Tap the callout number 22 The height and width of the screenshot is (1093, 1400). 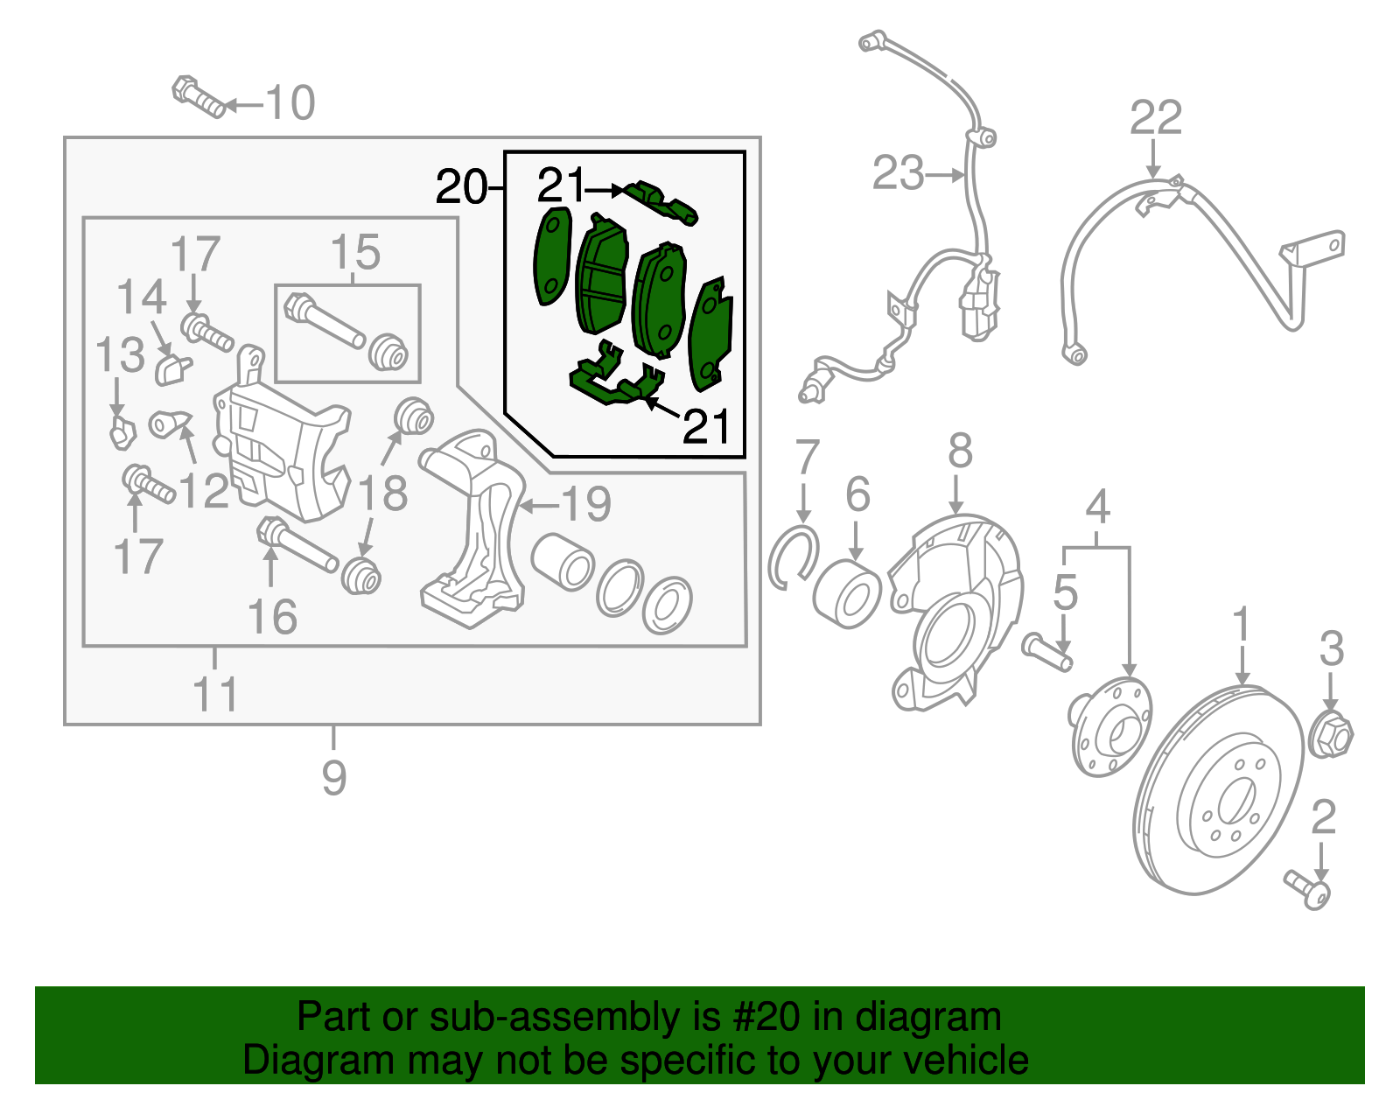coord(1155,118)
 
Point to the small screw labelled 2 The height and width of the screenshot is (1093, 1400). coord(1308,888)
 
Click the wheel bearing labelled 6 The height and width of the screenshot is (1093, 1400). coord(846,594)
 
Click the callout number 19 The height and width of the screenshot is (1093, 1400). coord(585,504)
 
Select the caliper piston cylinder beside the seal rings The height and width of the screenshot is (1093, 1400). coord(563,562)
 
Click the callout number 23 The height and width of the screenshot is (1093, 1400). coord(898,173)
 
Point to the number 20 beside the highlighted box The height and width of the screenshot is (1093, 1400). coord(461,187)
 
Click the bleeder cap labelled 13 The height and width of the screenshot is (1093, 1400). coord(122,431)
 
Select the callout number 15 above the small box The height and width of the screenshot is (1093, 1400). coord(355,253)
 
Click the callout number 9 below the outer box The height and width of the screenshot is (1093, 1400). coord(333,777)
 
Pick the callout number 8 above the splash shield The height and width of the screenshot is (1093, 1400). coord(960,452)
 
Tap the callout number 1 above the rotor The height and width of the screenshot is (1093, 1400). coord(1241,626)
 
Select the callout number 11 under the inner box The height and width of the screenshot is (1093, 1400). coord(214,695)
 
